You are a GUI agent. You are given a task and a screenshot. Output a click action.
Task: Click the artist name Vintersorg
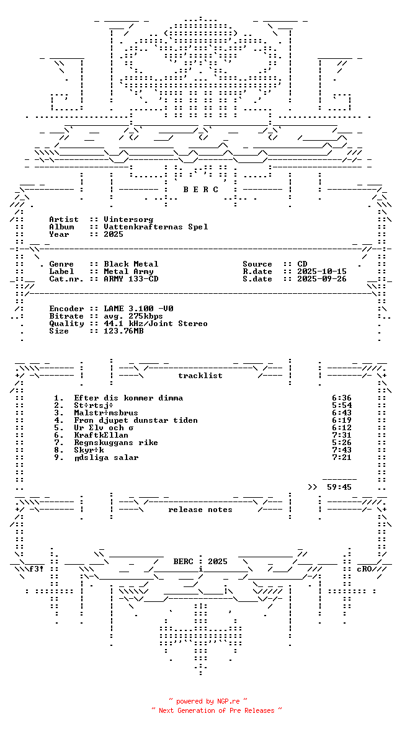pos(128,219)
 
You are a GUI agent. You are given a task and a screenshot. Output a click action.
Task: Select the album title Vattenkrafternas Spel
pos(156,227)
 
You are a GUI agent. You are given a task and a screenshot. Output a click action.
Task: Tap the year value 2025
pos(114,234)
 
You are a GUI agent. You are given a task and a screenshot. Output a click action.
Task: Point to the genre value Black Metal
pos(131,264)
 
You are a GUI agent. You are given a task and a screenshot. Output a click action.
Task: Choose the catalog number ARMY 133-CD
pos(131,279)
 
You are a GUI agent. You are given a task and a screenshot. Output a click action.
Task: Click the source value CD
pos(302,264)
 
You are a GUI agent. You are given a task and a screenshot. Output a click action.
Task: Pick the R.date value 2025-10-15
pos(322,272)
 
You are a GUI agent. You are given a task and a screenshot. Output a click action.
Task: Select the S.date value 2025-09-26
pos(322,279)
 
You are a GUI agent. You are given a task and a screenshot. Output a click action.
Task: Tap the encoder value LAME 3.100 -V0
pos(138,309)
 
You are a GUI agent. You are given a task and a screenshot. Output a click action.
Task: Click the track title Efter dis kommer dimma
pos(128,398)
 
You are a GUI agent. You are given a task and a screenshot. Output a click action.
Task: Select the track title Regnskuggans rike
pos(116,443)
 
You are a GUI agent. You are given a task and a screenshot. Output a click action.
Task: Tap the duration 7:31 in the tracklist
pos(342,435)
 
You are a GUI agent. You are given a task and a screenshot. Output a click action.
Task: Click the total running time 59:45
pos(339,487)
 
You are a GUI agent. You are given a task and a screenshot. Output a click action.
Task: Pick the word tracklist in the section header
pos(200,376)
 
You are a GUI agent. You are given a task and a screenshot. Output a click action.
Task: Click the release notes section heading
pos(200,510)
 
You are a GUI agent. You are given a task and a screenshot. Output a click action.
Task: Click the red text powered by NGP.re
pos(208,701)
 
